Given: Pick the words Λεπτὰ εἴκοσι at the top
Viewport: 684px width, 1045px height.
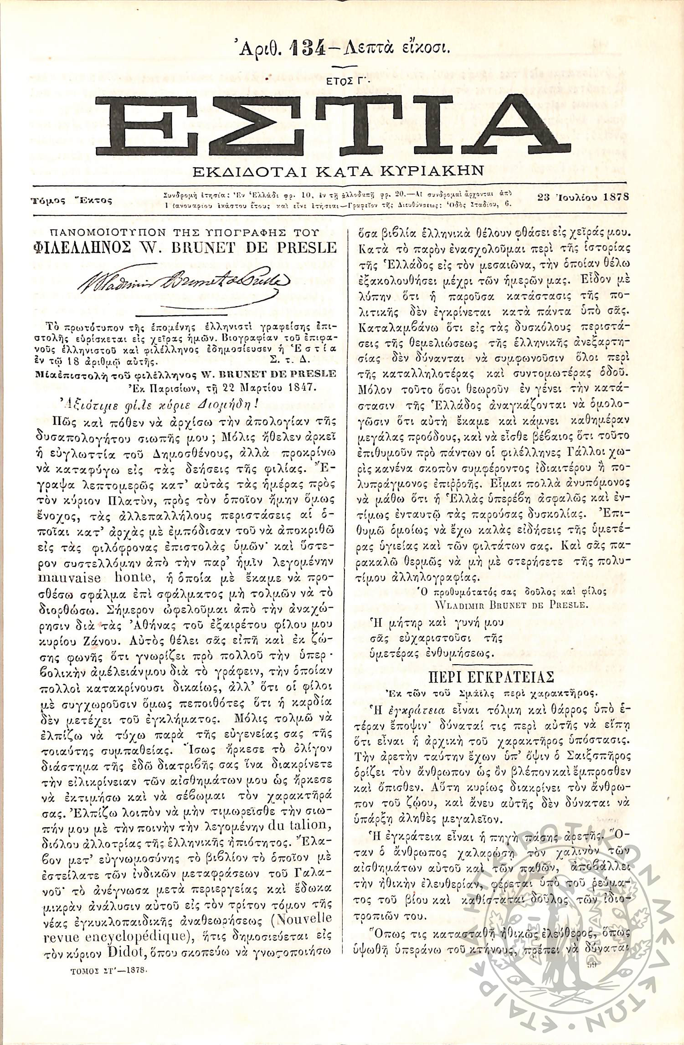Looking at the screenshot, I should [x=391, y=47].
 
